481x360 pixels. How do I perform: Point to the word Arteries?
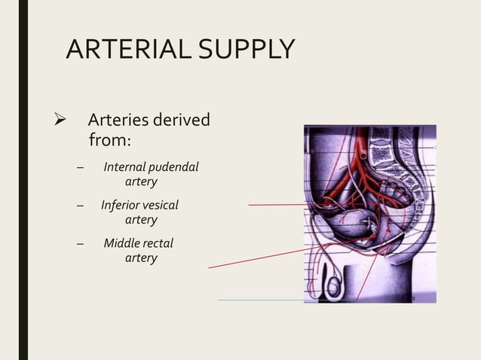pos(118,121)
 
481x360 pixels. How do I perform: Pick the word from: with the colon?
pos(110,140)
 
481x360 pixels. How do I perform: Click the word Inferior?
pos(124,204)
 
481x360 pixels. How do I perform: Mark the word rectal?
pos(159,243)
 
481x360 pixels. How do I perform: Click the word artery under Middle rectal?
pos(141,258)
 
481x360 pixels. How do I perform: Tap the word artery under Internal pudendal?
pos(141,182)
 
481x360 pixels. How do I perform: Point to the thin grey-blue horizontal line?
pos(261,300)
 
